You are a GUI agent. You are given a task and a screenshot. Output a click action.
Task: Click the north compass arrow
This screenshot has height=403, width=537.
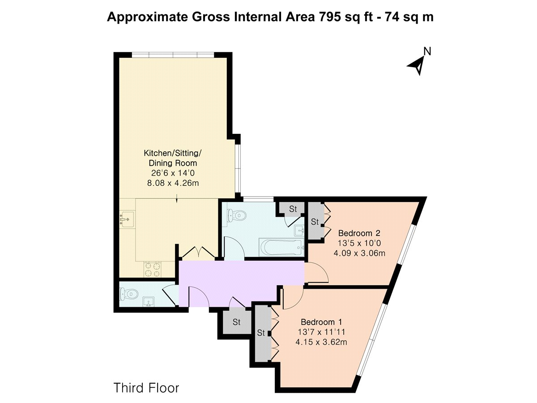[x=418, y=65]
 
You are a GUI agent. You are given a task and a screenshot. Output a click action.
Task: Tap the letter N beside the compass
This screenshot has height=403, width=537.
[x=427, y=51]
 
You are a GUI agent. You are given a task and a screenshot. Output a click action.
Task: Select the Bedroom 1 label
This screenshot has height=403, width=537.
[x=321, y=322]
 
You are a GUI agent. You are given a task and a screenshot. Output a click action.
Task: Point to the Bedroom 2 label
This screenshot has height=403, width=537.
[x=359, y=233]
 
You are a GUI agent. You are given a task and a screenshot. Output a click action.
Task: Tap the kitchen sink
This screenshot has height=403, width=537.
[x=127, y=220]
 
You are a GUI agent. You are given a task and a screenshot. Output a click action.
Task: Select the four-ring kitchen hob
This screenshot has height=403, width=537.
[x=153, y=269]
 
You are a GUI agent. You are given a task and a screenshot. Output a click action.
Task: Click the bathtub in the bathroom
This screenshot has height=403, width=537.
[x=281, y=248]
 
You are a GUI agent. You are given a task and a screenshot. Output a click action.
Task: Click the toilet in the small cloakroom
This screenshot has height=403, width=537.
[x=128, y=294]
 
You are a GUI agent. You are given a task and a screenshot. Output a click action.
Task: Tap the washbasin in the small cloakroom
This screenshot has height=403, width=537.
[x=148, y=302]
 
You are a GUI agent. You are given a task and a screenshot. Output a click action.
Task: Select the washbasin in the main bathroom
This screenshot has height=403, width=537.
[x=299, y=230]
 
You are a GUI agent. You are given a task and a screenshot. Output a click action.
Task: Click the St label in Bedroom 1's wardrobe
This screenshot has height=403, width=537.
[x=261, y=333]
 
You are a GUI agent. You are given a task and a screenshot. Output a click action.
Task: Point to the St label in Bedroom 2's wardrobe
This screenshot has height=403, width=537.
[x=315, y=222]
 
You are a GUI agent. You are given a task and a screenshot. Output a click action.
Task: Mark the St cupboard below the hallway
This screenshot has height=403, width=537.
[x=237, y=322]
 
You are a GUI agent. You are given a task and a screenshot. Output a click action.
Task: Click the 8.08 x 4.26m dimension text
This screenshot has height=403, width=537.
[x=173, y=183]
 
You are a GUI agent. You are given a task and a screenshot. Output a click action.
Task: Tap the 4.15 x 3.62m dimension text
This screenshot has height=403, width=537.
[x=321, y=342]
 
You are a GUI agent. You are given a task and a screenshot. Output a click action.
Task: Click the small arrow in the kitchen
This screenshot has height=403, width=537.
[x=177, y=198]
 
